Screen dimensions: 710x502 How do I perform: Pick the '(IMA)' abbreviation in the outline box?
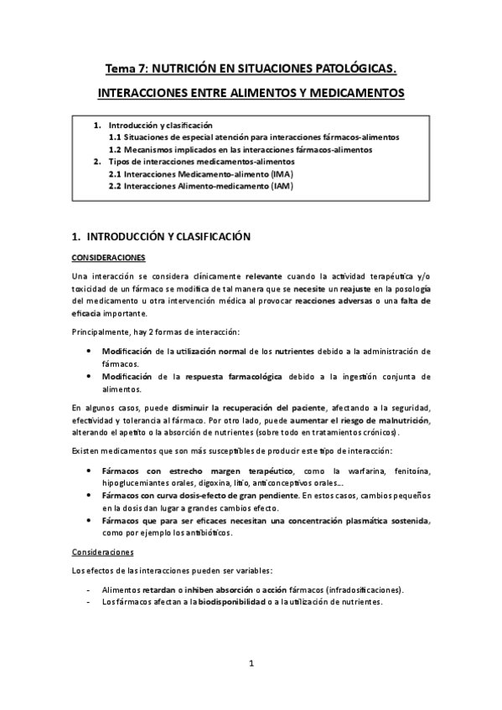tap(281, 173)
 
